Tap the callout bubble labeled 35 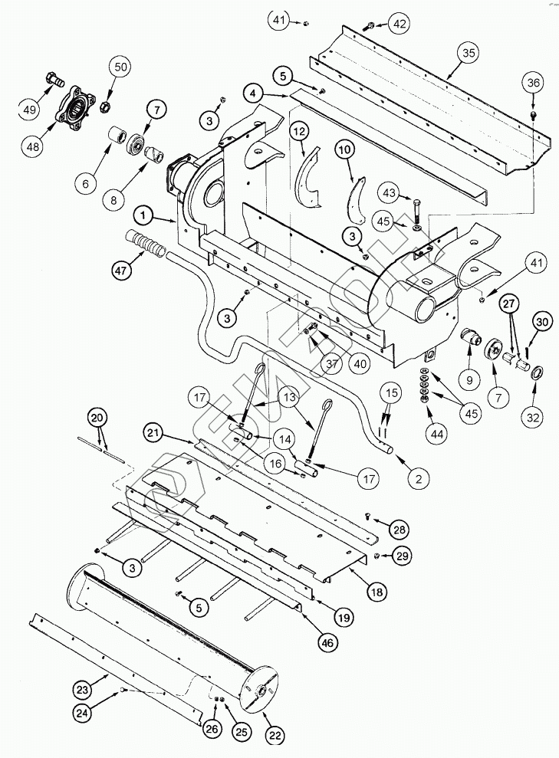469,53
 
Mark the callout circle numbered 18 376,591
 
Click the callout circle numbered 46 327,643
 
